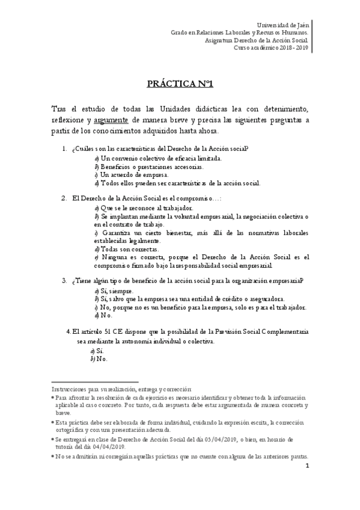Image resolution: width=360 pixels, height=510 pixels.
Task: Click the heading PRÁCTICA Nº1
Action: click(179, 84)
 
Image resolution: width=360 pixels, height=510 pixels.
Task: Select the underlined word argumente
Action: click(111, 120)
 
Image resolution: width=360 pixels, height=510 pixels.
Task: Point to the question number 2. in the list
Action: click(64, 197)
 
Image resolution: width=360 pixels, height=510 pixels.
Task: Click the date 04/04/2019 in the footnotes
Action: click(109, 447)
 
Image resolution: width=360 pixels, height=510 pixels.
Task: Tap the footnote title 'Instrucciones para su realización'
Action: click(96, 389)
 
